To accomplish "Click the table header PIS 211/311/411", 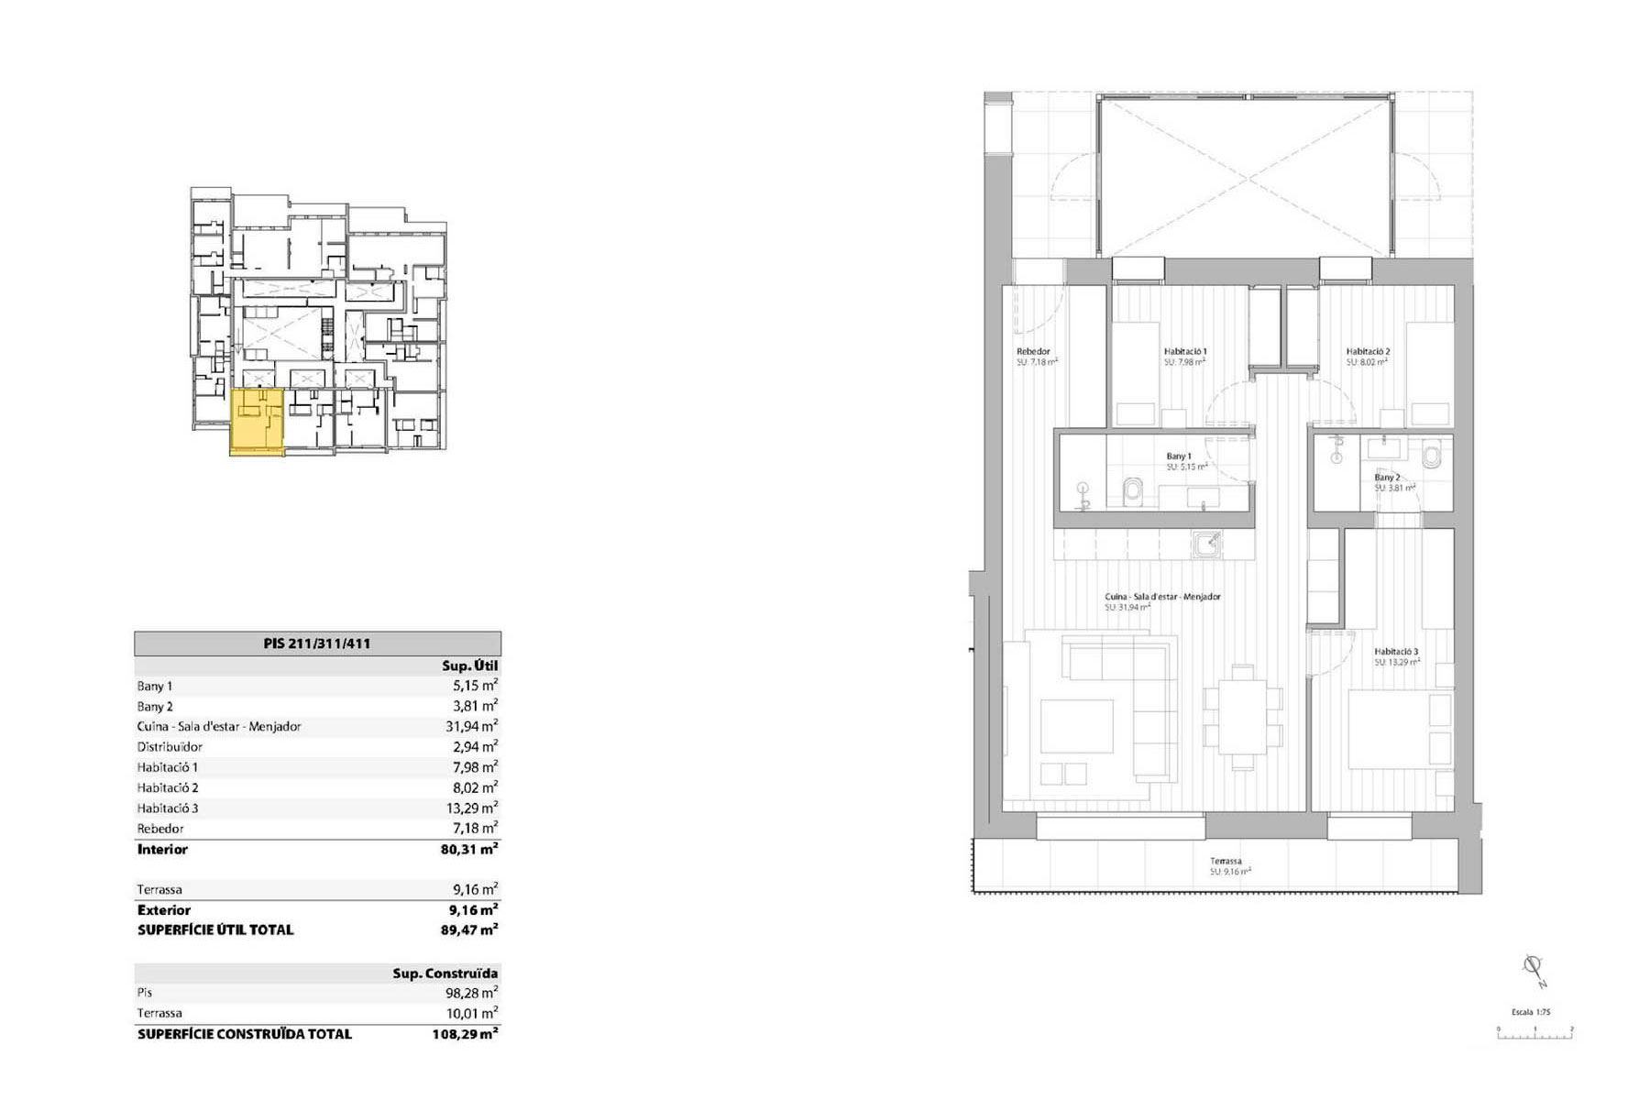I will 317,643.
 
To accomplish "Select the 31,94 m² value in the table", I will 471,726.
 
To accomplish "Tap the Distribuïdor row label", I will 170,747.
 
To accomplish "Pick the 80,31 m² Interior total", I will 468,850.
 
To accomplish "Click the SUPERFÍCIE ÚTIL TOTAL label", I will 215,929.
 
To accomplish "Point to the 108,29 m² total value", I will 465,1034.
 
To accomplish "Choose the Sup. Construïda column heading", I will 445,973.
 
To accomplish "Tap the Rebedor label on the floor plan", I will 1033,352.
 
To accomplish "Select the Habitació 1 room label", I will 1185,352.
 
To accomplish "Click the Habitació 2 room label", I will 1368,352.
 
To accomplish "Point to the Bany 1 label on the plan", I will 1179,456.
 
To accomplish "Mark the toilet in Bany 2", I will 1432,456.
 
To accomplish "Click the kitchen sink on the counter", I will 1207,544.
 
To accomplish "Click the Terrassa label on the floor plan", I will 1226,862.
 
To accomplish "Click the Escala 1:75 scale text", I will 1530,1012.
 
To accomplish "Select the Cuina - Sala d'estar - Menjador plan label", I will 1162,597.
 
